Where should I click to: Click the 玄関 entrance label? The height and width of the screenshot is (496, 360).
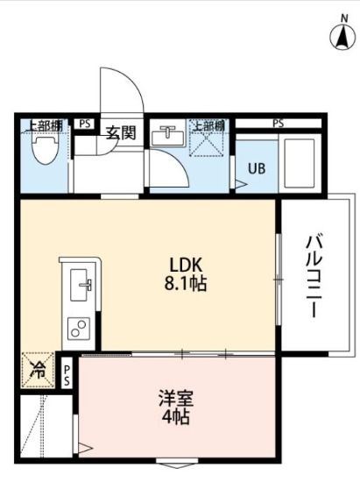coord(120,132)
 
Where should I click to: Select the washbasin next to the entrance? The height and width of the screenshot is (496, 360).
coord(168,136)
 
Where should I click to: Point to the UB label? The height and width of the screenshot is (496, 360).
coord(257,168)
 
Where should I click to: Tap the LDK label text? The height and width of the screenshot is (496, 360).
coord(186,265)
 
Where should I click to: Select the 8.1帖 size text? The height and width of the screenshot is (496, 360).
coord(186,283)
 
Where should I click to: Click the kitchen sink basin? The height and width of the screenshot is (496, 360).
coord(79,285)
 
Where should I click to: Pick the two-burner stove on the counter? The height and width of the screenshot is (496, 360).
coord(78,329)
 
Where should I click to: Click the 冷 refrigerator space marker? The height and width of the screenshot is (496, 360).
coord(38,370)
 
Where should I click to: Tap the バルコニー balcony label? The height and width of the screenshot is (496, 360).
coord(314,275)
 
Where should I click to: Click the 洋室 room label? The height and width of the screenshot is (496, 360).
coord(176,398)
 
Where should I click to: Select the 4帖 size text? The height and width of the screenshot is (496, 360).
coord(176,417)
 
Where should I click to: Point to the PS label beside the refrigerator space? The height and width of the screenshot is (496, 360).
coord(67,376)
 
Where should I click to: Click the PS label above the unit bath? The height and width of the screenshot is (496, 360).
coord(279,124)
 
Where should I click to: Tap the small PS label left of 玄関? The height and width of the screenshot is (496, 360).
coord(85,124)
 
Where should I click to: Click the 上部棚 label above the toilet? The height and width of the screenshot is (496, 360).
coord(45,126)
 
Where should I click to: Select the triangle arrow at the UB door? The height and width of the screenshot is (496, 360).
coord(241,184)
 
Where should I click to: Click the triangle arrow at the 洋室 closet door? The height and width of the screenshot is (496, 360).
coord(85,448)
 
